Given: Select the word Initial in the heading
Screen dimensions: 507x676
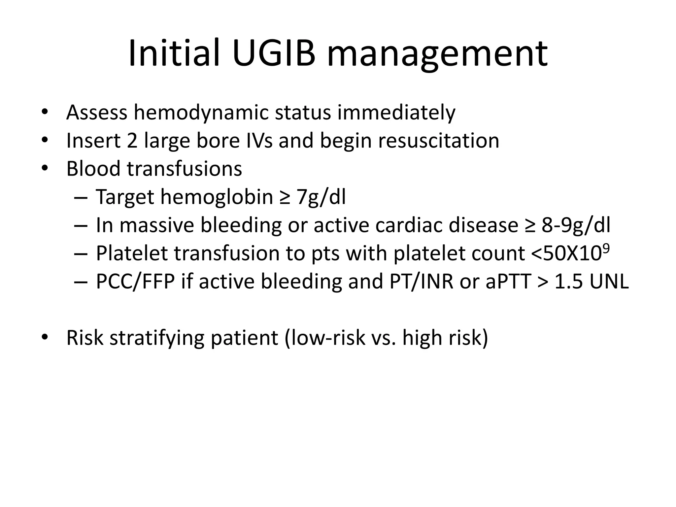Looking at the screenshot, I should (x=174, y=53).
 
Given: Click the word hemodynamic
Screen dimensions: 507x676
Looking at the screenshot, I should (x=201, y=113).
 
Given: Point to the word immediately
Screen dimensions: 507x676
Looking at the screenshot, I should (x=396, y=113).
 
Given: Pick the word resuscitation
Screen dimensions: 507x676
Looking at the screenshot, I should (x=439, y=141).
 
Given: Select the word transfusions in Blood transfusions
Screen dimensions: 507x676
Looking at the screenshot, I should (x=184, y=169).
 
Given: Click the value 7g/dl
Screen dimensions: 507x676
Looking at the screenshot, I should (x=321, y=197).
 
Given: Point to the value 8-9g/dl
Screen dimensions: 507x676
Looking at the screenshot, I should (x=576, y=225).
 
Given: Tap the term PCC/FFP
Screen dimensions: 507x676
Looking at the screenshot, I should (x=135, y=282).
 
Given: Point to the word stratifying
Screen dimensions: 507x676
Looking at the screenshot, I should (x=157, y=338).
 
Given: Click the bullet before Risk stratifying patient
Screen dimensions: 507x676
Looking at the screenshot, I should (x=45, y=338).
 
